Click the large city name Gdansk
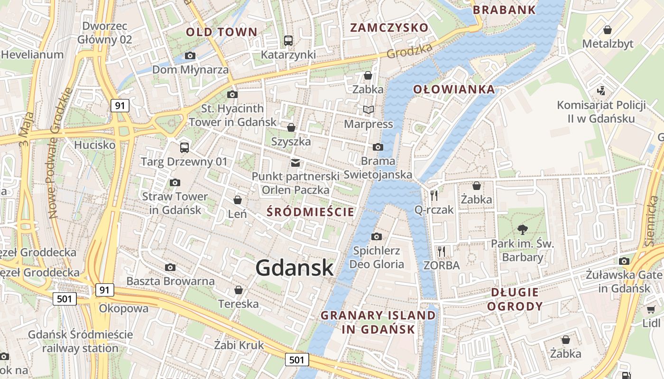click(295, 268)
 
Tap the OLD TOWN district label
click(221, 32)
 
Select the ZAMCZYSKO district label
click(389, 27)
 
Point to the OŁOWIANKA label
click(453, 89)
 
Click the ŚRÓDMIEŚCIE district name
click(311, 212)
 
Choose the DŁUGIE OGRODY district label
click(515, 299)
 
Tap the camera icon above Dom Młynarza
click(190, 56)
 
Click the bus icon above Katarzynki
click(288, 41)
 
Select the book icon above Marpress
click(369, 110)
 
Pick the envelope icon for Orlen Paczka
click(295, 163)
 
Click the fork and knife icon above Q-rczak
click(434, 195)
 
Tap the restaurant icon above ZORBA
click(442, 251)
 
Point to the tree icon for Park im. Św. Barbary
click(523, 230)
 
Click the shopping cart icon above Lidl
click(651, 309)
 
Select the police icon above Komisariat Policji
click(601, 90)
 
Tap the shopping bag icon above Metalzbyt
click(607, 30)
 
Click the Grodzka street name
click(409, 51)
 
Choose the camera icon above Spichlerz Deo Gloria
click(376, 236)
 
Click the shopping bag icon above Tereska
click(238, 289)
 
